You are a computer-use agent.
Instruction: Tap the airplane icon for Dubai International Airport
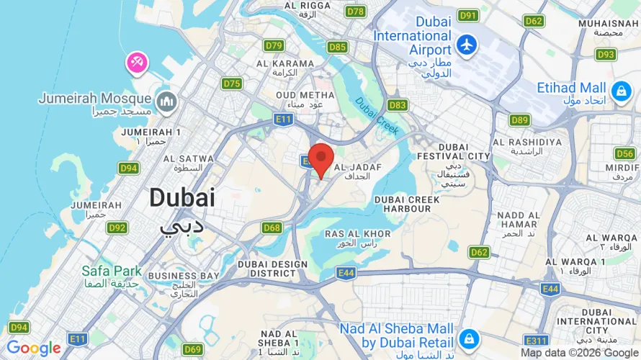tap(467, 44)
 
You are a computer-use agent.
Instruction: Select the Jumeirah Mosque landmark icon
tap(167, 103)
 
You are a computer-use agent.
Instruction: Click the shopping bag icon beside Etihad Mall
tap(619, 91)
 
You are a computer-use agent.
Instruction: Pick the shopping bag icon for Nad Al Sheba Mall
tap(469, 338)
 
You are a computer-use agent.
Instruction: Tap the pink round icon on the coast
tap(136, 63)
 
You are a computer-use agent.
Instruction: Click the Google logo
tap(33, 348)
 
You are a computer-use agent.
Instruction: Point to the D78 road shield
tap(355, 12)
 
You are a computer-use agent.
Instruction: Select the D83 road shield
tap(397, 105)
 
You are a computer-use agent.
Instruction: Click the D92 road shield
tap(117, 228)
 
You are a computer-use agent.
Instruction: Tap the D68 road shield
tap(272, 228)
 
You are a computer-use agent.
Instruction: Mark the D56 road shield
tap(624, 153)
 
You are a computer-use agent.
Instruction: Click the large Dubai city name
tap(182, 198)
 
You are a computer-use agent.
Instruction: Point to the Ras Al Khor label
tap(358, 234)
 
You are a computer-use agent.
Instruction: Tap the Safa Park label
tap(112, 271)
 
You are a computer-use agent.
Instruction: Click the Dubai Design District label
tap(273, 269)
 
